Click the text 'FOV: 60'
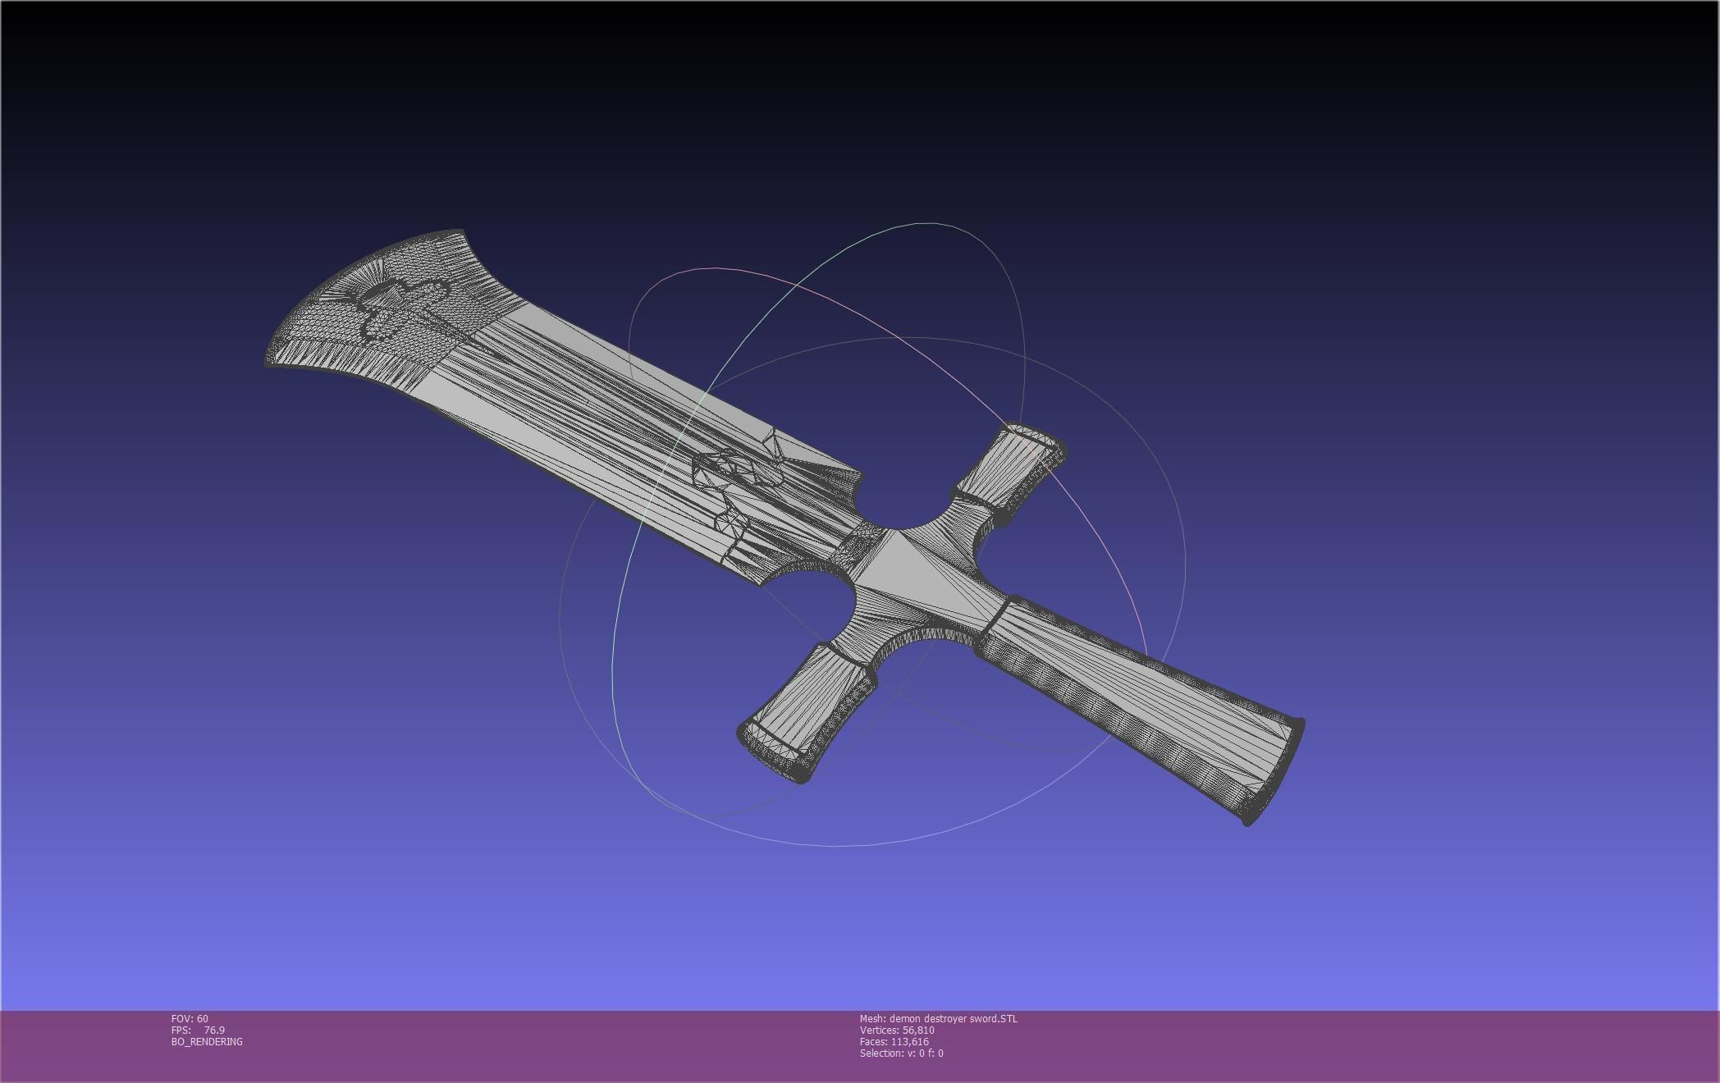tap(190, 1019)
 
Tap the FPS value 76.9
tap(214, 1030)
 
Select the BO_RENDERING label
tap(207, 1042)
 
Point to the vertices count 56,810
tap(917, 1030)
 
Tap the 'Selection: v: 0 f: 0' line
tap(901, 1053)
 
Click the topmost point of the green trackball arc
tap(927, 222)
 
